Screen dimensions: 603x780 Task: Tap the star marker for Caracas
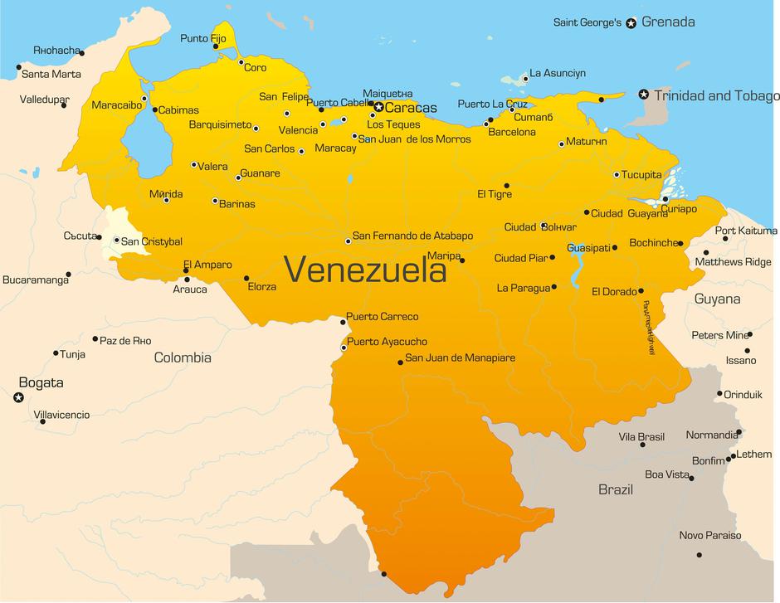pyautogui.click(x=378, y=107)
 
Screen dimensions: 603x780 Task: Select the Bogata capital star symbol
pyautogui.click(x=18, y=398)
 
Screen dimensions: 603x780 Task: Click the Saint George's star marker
pyautogui.click(x=631, y=23)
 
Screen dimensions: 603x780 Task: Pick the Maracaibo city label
pyautogui.click(x=115, y=105)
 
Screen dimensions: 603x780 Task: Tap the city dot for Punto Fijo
pyautogui.click(x=216, y=46)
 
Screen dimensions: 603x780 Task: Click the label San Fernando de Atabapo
pyautogui.click(x=412, y=236)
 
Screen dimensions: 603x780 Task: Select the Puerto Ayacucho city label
pyautogui.click(x=387, y=342)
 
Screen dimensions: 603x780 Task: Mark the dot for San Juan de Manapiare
pyautogui.click(x=400, y=362)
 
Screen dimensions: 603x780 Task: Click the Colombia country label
pyautogui.click(x=183, y=358)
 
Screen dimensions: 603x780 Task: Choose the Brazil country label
pyautogui.click(x=616, y=489)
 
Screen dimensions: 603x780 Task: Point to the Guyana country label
pyautogui.click(x=717, y=299)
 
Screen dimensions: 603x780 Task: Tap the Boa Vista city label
pyautogui.click(x=667, y=474)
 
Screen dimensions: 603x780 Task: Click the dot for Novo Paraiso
pyautogui.click(x=700, y=555)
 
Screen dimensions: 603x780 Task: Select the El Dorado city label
pyautogui.click(x=613, y=291)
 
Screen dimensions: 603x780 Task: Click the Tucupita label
pyautogui.click(x=642, y=175)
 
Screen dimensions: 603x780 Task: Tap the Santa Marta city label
pyautogui.click(x=51, y=74)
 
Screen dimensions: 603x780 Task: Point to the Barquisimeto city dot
pyautogui.click(x=256, y=129)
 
